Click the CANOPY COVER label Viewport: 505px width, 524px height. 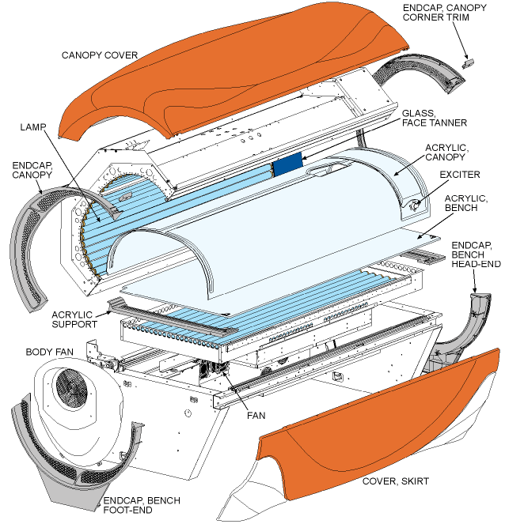pyautogui.click(x=100, y=55)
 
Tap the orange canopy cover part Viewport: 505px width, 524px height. pyautogui.click(x=237, y=71)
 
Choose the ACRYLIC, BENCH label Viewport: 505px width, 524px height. pyautogui.click(x=466, y=202)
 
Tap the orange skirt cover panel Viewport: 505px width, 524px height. pyautogui.click(x=372, y=427)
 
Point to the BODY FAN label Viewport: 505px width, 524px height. pyautogui.click(x=49, y=351)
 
